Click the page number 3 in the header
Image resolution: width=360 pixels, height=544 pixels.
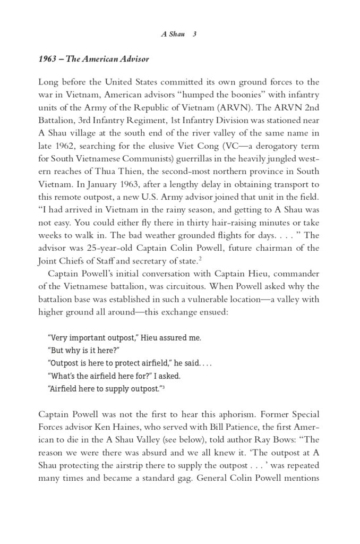coord(195,33)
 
